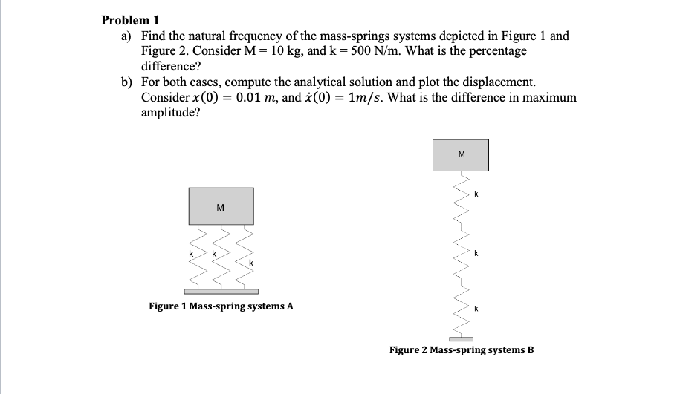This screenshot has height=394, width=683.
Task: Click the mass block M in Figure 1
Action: [x=221, y=206]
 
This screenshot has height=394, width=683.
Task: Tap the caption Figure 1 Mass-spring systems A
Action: [x=221, y=306]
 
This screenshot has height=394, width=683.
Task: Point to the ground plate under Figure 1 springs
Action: [x=221, y=291]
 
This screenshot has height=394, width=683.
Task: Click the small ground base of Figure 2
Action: [x=461, y=339]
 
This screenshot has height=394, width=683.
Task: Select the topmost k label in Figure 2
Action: [x=476, y=194]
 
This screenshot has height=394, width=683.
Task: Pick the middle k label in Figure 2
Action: [x=476, y=254]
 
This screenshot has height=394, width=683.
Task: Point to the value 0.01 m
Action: [x=217, y=98]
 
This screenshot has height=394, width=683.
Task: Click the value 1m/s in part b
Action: [x=369, y=98]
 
